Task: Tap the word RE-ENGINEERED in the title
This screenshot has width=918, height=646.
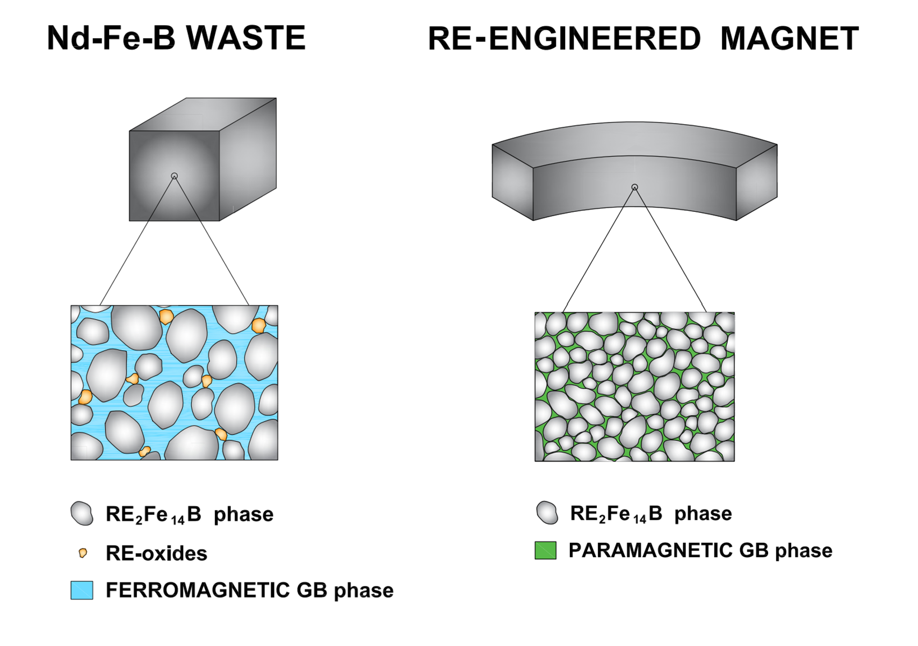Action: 564,39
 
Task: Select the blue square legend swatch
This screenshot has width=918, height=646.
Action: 82,590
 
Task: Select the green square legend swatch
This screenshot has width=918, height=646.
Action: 545,550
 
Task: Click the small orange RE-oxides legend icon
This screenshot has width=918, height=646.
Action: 83,553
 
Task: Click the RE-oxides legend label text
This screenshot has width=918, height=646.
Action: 156,553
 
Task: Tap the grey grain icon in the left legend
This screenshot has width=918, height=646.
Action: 82,513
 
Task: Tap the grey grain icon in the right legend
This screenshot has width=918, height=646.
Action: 547,512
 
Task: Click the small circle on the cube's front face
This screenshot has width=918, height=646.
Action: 174,176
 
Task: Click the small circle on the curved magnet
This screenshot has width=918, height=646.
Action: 634,187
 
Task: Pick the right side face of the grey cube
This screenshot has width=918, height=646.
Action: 248,159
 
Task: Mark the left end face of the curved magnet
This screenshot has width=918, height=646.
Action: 512,182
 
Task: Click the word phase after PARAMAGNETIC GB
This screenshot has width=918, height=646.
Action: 803,551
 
